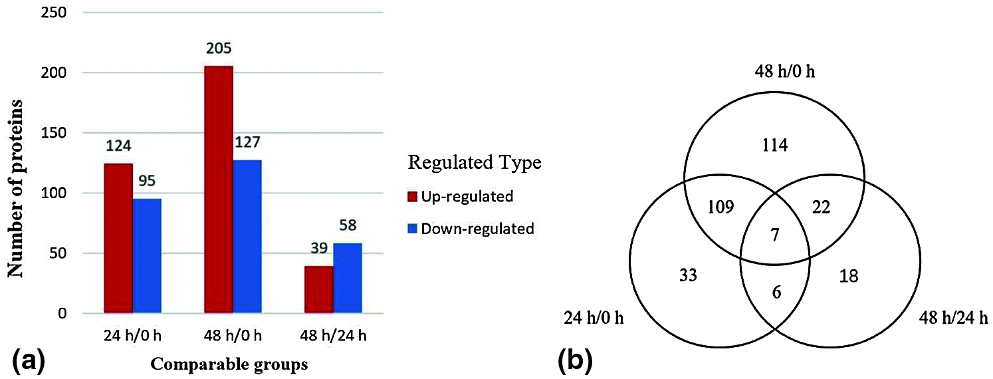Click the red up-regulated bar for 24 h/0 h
pos(118,238)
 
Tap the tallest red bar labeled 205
pos(219,189)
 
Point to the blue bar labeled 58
pos(348,278)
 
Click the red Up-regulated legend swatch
pos(413,196)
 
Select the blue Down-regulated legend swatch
pos(413,229)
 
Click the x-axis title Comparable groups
pos(229,364)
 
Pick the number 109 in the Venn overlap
pos(720,207)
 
